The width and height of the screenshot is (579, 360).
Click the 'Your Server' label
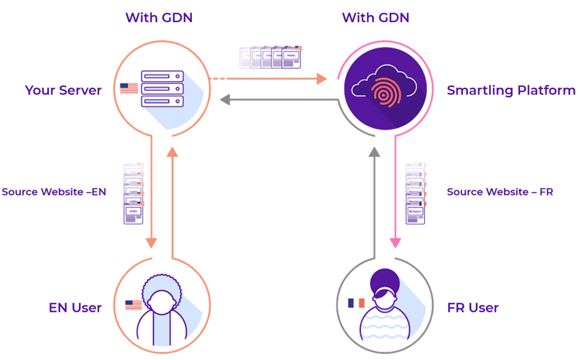tap(63, 91)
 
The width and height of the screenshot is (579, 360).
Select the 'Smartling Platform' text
tap(511, 91)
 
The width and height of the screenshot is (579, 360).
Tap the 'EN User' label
tap(75, 307)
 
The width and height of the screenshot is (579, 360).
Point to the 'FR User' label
tap(473, 307)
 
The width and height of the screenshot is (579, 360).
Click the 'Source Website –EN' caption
tap(54, 192)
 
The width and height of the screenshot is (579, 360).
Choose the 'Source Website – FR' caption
tap(499, 192)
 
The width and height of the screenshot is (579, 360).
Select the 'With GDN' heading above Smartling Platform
tap(375, 17)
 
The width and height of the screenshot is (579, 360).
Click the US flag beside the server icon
tap(129, 89)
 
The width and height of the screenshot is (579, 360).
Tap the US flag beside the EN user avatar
tap(133, 305)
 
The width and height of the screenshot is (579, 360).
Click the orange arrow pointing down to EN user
tap(151, 201)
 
